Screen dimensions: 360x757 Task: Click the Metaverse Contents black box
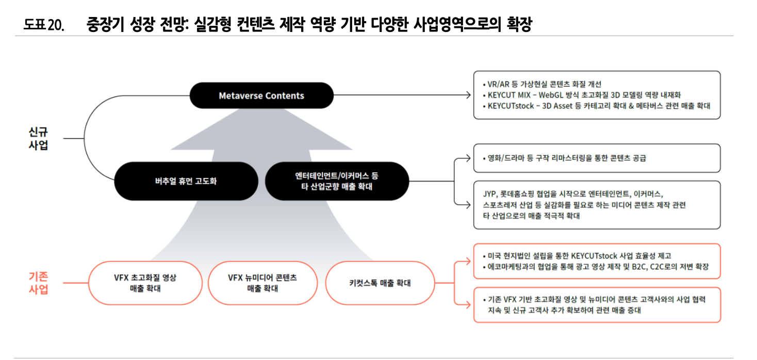pyautogui.click(x=261, y=95)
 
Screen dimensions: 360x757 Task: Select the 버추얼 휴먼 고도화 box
pyautogui.click(x=186, y=181)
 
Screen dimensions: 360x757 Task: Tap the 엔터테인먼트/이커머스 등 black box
pyautogui.click(x=336, y=181)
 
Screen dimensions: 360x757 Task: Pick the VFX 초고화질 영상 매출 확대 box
pyautogui.click(x=145, y=283)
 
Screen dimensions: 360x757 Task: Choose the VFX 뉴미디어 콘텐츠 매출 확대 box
pyautogui.click(x=262, y=283)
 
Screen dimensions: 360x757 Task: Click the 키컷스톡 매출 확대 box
pyautogui.click(x=380, y=283)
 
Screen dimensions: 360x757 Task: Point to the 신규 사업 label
pyautogui.click(x=38, y=138)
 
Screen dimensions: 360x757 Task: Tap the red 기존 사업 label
pyautogui.click(x=38, y=283)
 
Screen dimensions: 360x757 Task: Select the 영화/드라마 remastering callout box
pyautogui.click(x=597, y=158)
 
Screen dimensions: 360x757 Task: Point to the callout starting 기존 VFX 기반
pyautogui.click(x=597, y=305)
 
